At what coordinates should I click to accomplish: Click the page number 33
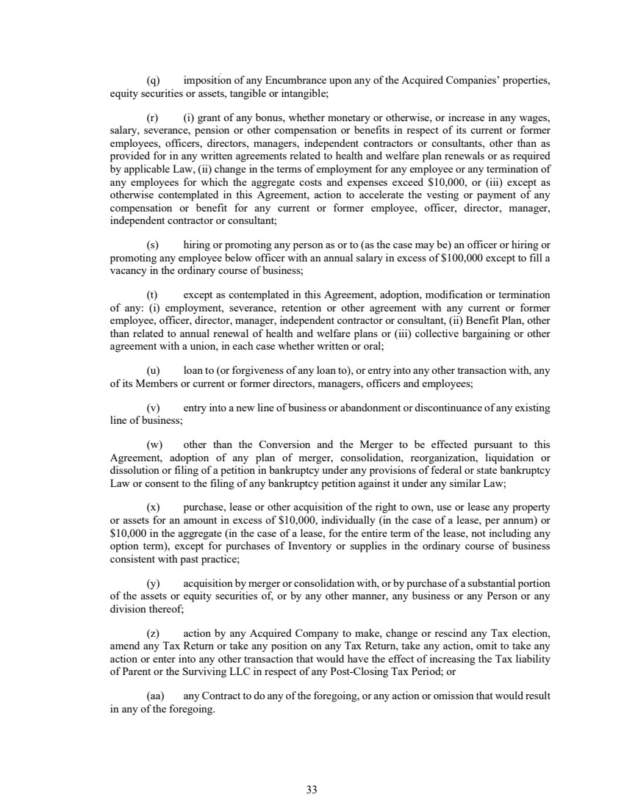[x=312, y=790]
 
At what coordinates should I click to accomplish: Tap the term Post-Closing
[x=360, y=671]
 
